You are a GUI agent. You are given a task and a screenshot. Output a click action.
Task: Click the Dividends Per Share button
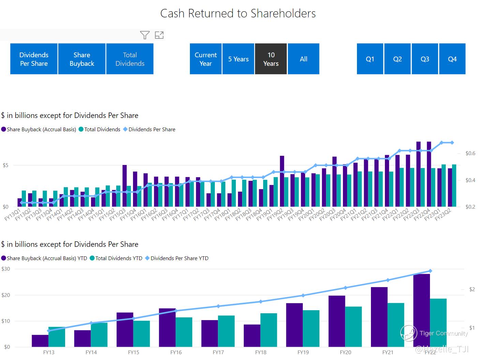pyautogui.click(x=34, y=59)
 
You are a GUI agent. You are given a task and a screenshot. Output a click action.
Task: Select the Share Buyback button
pyautogui.click(x=82, y=59)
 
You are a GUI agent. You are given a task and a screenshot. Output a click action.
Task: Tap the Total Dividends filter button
pyautogui.click(x=130, y=59)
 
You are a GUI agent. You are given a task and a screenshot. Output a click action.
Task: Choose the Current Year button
pyautogui.click(x=206, y=59)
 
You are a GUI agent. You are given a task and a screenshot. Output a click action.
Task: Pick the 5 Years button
pyautogui.click(x=238, y=59)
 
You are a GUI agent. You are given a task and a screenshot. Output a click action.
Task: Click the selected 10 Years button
pyautogui.click(x=271, y=59)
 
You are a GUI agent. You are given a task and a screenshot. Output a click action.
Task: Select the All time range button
pyautogui.click(x=303, y=59)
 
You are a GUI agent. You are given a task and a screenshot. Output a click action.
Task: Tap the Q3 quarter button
pyautogui.click(x=425, y=59)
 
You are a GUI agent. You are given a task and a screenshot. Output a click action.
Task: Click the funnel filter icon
pyautogui.click(x=145, y=35)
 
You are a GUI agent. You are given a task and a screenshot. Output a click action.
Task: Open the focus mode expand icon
pyautogui.click(x=159, y=35)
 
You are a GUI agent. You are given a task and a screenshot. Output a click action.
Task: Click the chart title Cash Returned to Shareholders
pyautogui.click(x=238, y=13)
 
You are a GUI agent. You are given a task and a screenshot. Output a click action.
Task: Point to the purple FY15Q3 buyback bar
pyautogui.click(x=124, y=186)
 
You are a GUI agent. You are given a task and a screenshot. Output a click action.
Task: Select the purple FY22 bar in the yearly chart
pyautogui.click(x=421, y=310)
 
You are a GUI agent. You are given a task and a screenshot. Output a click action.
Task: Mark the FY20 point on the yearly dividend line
pyautogui.click(x=345, y=288)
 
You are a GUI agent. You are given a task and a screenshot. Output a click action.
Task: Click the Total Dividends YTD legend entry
pyautogui.click(x=119, y=258)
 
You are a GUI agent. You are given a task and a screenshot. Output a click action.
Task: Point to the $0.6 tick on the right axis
pyautogui.click(x=470, y=153)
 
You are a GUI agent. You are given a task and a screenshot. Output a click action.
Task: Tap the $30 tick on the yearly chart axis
pyautogui.click(x=6, y=269)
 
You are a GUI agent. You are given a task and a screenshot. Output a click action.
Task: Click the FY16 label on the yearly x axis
pyautogui.click(x=176, y=352)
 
